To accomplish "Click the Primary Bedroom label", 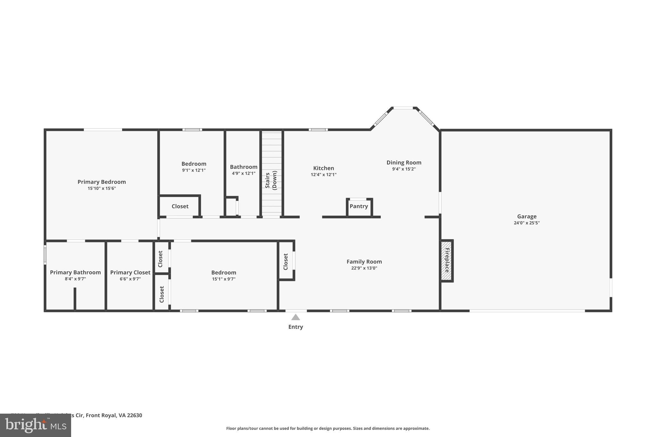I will pyautogui.click(x=102, y=182).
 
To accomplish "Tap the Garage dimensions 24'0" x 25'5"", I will pyautogui.click(x=527, y=223).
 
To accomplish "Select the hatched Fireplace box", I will pyautogui.click(x=447, y=261).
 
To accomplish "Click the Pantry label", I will pyautogui.click(x=359, y=206).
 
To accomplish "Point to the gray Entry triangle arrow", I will pyautogui.click(x=295, y=317).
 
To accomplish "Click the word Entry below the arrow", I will pyautogui.click(x=295, y=327).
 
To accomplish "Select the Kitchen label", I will pyautogui.click(x=324, y=168).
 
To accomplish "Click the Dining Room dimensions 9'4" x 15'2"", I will pyautogui.click(x=404, y=169).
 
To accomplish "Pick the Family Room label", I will pyautogui.click(x=364, y=262).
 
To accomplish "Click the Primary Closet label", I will pyautogui.click(x=130, y=272).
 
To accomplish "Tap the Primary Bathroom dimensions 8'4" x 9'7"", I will pyautogui.click(x=75, y=279).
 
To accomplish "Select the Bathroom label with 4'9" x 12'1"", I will pyautogui.click(x=243, y=167).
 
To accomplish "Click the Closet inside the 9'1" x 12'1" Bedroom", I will pyautogui.click(x=180, y=206).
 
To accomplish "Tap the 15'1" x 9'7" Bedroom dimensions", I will pyautogui.click(x=224, y=279).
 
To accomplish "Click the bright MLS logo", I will pyautogui.click(x=35, y=425).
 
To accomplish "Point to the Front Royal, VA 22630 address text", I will pyautogui.click(x=114, y=415).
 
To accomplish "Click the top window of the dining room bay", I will pyautogui.click(x=403, y=108).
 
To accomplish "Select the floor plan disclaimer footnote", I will pyautogui.click(x=328, y=428).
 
